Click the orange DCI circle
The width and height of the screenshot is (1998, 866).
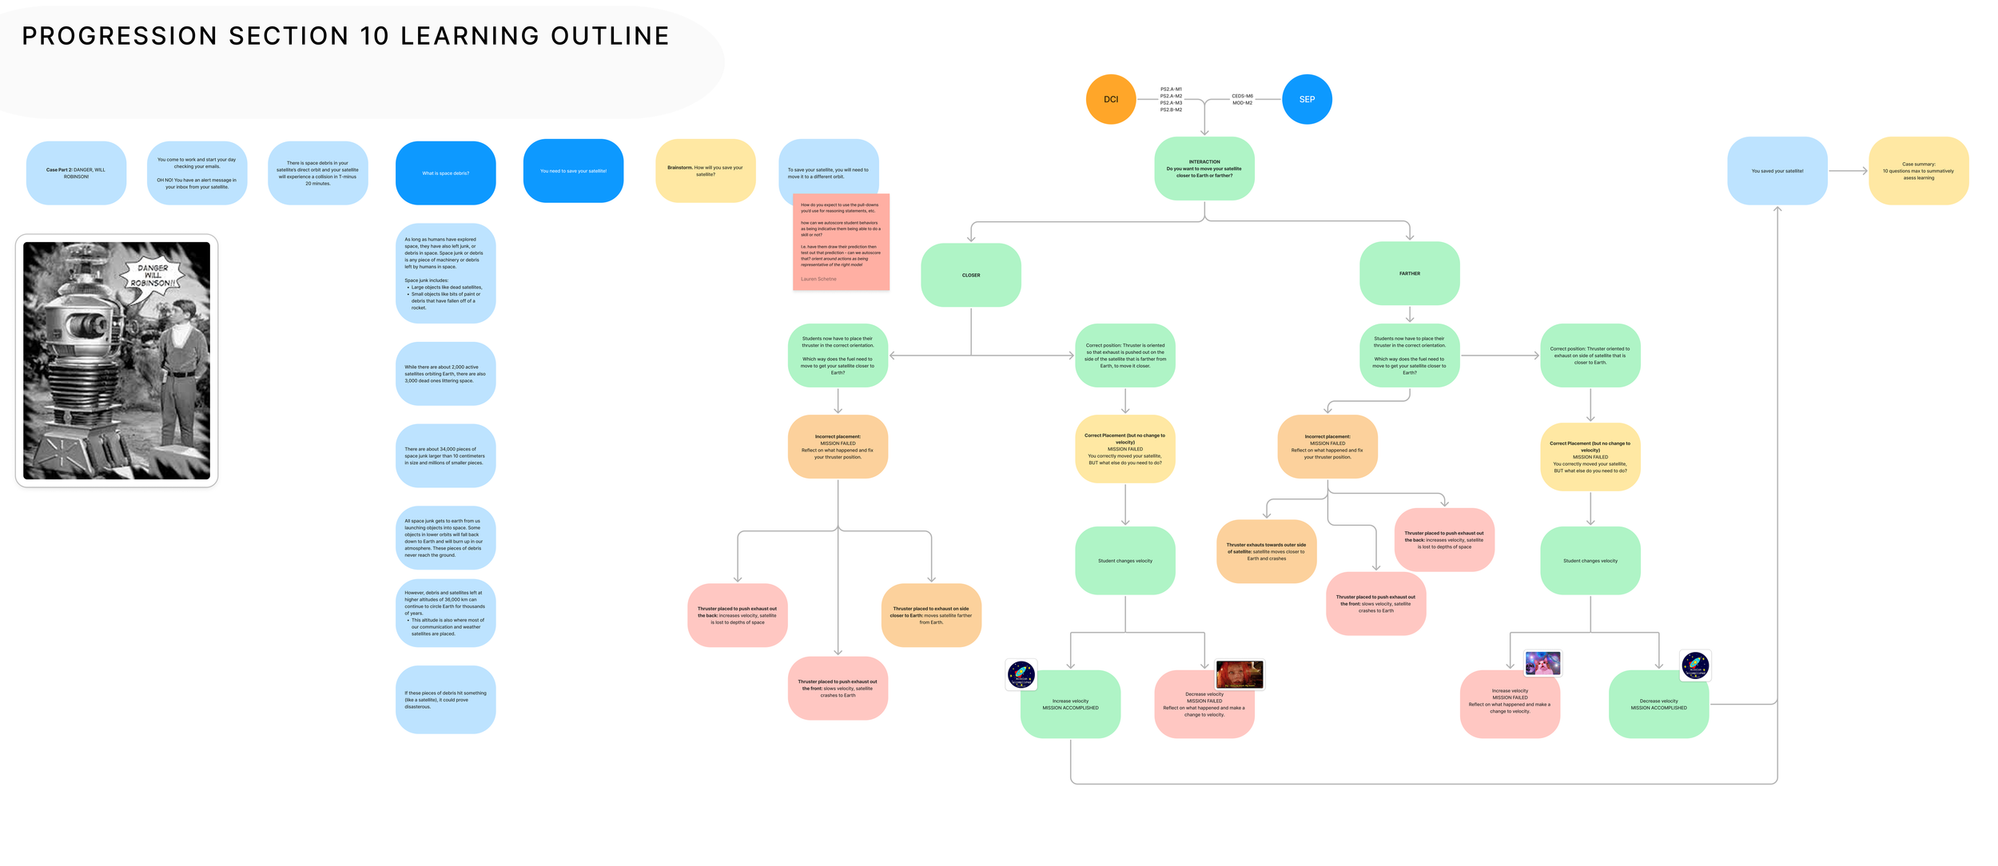coord(1110,99)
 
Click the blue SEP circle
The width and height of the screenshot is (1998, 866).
coord(1306,99)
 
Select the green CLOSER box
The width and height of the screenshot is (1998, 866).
coord(970,275)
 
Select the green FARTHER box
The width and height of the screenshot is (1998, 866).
coord(1409,273)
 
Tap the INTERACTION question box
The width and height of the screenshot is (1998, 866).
coord(1204,169)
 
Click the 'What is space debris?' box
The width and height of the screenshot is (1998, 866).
coord(445,173)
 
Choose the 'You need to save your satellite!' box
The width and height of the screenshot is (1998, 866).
coord(573,171)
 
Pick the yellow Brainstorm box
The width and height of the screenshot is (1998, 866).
coord(705,171)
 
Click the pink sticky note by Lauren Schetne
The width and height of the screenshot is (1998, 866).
coord(841,242)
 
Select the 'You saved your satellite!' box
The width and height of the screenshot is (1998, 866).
coord(1777,171)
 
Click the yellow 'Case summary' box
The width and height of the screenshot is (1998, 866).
coord(1918,171)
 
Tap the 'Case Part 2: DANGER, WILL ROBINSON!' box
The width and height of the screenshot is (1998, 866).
coord(76,173)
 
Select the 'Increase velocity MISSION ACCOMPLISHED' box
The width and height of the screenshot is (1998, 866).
coord(1070,705)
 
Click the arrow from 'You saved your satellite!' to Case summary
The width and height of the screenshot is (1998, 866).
coord(1848,170)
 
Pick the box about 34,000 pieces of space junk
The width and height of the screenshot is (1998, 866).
coord(445,455)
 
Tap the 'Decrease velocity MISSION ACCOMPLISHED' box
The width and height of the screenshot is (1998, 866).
coord(1658,705)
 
